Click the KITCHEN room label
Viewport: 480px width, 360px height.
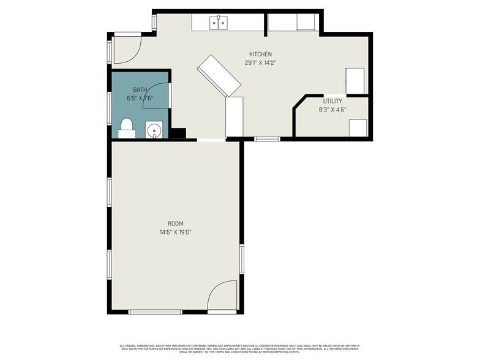click(260, 54)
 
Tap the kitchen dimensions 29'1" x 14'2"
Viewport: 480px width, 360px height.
click(260, 62)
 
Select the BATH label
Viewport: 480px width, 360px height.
click(140, 90)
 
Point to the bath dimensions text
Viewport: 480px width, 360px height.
click(140, 98)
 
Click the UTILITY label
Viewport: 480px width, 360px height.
click(332, 101)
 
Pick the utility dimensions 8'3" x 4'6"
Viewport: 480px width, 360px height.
click(332, 110)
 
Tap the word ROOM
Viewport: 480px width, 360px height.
click(176, 223)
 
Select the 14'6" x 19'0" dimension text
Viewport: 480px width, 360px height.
click(176, 232)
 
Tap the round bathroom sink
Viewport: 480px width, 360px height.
click(154, 130)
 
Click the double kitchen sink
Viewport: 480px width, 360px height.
click(219, 23)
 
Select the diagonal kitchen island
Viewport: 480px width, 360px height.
click(219, 76)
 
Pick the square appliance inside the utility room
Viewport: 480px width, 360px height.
click(358, 128)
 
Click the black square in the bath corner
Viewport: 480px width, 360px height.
click(178, 133)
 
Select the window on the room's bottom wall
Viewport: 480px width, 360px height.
click(155, 312)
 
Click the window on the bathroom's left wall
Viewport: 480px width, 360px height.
click(110, 103)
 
